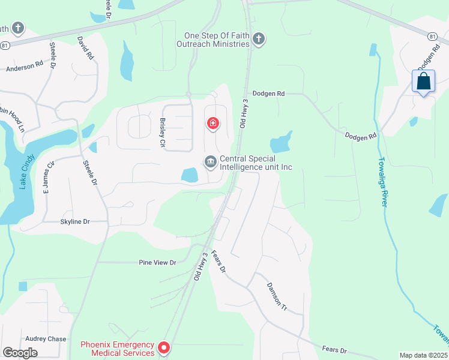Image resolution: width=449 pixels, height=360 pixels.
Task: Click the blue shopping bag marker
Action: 424,82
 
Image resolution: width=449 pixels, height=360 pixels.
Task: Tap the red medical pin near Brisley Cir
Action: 212,124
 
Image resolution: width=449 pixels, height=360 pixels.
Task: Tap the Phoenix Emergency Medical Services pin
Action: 163,347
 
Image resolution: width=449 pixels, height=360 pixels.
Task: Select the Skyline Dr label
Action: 75,221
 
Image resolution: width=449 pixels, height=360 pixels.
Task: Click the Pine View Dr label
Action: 157,262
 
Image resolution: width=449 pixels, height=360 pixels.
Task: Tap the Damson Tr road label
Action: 277,296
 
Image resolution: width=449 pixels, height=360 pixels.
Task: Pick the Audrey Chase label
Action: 46,339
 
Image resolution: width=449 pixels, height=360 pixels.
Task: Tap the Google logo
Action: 20,353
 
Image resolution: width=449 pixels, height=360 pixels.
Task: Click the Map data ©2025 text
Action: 424,355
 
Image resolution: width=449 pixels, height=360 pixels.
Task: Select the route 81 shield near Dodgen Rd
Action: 432,37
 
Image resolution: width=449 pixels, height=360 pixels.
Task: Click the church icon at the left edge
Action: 19,28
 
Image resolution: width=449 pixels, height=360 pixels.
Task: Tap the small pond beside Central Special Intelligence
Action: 190,175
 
